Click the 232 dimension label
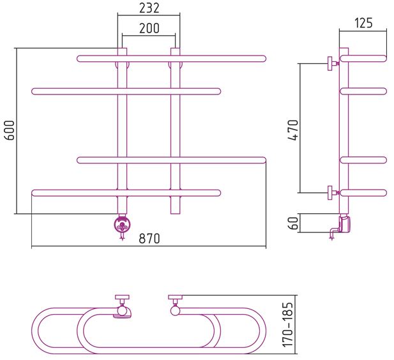(x=149, y=8)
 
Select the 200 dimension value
(x=149, y=28)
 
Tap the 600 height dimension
(x=10, y=130)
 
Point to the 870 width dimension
(x=149, y=239)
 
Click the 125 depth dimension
(x=363, y=23)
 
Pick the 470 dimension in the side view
(x=293, y=130)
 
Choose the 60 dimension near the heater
(x=293, y=223)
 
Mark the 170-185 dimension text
(x=288, y=325)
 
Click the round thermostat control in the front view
(x=122, y=224)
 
